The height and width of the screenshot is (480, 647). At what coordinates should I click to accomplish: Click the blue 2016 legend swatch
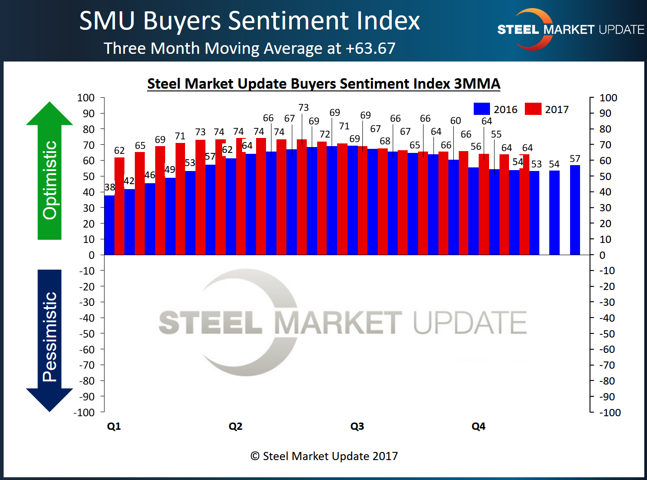481,109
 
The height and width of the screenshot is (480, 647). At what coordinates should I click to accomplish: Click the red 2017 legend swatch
533,109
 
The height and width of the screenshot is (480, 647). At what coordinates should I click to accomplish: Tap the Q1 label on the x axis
114,426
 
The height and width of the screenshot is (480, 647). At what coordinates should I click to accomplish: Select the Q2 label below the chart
235,426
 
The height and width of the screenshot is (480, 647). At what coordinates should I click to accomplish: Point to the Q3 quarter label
357,426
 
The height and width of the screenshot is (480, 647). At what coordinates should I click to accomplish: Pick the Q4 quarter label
478,426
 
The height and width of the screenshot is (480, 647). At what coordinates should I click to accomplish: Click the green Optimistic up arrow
49,172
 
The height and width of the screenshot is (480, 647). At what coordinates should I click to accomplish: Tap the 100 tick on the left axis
86,98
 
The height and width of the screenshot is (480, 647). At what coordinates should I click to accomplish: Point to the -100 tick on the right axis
610,412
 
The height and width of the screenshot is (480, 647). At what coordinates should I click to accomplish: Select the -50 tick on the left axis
87,334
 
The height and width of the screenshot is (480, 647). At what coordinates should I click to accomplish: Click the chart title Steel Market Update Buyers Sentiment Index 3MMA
323,84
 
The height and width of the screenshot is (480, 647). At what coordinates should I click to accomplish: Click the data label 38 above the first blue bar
109,187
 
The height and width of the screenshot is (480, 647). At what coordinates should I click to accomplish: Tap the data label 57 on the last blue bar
575,159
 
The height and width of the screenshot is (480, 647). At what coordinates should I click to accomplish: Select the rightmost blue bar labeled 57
575,210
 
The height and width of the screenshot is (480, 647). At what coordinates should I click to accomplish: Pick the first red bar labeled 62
119,206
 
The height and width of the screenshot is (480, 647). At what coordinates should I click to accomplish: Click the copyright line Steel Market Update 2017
324,456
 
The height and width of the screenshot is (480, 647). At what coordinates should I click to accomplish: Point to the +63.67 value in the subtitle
371,48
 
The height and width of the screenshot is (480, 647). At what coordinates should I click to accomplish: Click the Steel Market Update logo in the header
570,29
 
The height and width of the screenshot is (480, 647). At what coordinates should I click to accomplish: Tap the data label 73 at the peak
303,108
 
